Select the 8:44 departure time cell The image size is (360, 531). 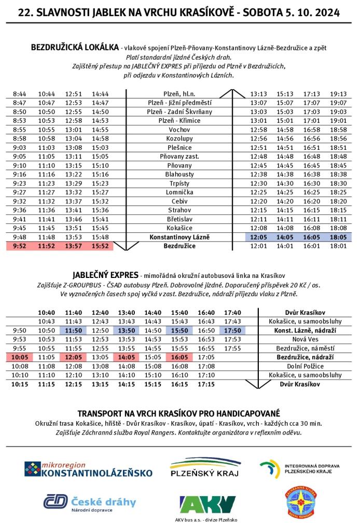(x=19, y=94)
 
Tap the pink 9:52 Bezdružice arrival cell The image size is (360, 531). (x=19, y=246)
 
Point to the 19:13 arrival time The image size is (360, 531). (x=338, y=94)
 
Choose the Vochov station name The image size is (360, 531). (x=179, y=130)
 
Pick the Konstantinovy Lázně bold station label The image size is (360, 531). (x=179, y=237)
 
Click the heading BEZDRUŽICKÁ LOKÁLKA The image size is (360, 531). (x=75, y=47)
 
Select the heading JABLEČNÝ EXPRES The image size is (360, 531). (x=106, y=274)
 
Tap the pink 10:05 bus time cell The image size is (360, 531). (x=19, y=357)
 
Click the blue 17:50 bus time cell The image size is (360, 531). (x=233, y=330)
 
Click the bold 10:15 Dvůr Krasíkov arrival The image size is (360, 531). (x=19, y=384)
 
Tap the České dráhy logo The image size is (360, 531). (x=89, y=502)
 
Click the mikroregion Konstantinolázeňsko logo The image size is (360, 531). (x=88, y=469)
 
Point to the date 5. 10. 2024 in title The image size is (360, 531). (x=312, y=13)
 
